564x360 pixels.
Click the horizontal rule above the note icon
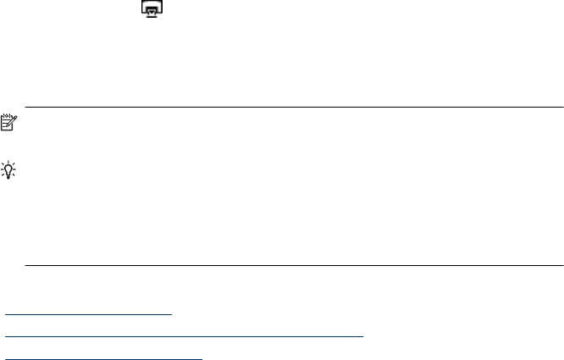pos(294,108)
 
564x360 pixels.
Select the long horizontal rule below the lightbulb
pos(294,266)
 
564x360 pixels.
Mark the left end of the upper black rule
pos(26,108)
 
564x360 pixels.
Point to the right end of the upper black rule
pos(562,108)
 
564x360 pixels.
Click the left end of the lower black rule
pos(26,266)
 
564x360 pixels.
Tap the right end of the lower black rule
pos(562,266)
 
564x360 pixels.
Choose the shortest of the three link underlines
pos(89,313)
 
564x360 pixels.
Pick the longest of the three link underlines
pos(185,335)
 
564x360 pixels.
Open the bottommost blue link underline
pos(104,358)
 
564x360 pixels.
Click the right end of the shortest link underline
pos(172,313)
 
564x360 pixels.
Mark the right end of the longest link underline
pos(363,335)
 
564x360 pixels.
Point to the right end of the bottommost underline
pos(203,358)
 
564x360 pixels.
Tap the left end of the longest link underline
pos(6,335)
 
